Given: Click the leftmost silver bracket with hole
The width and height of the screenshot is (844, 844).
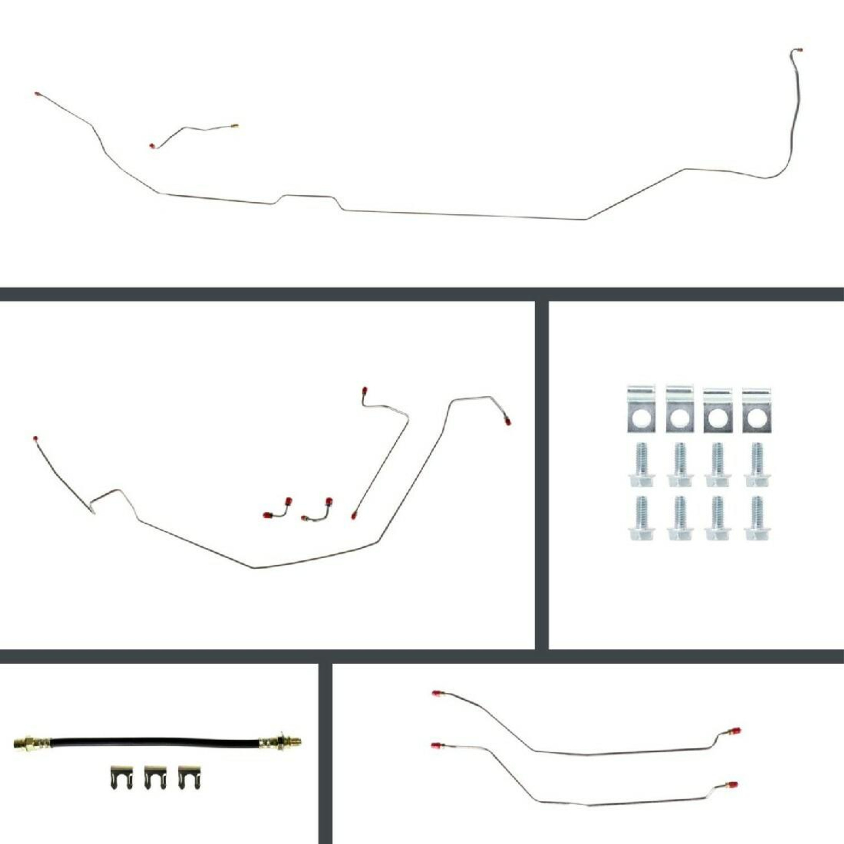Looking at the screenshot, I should click(641, 409).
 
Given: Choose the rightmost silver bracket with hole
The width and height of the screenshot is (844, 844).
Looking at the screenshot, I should click(756, 410).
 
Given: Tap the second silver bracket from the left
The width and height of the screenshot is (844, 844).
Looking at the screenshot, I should click(680, 409).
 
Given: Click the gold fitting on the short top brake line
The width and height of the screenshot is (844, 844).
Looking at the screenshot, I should click(235, 126).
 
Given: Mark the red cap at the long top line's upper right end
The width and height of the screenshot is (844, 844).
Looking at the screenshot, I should click(799, 50).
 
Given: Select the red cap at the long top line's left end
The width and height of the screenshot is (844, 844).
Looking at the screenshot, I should click(38, 94).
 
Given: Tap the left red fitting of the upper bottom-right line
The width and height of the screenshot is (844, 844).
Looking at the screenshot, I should click(436, 693).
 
